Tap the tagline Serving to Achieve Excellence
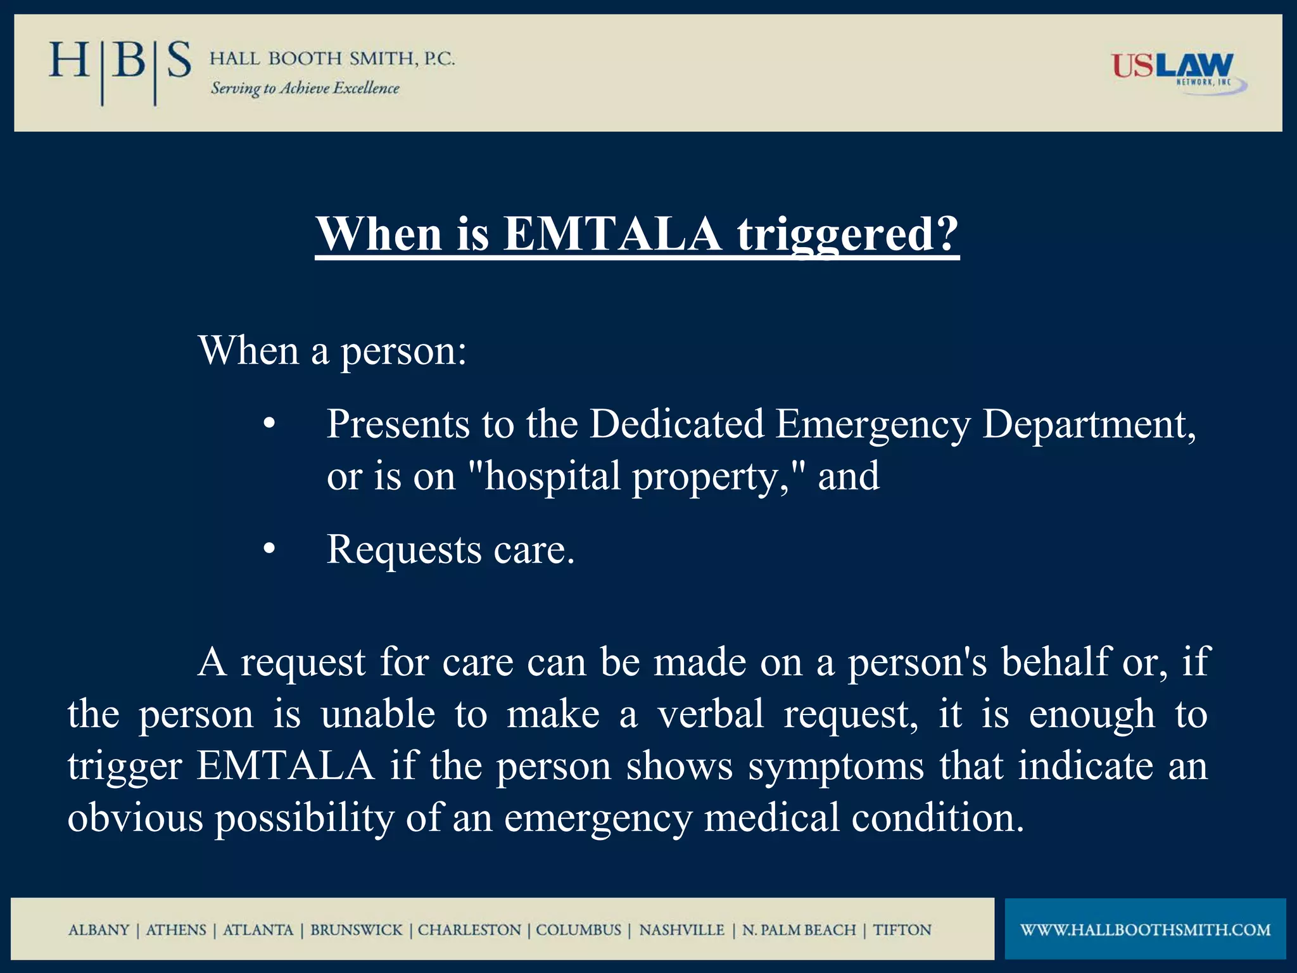(305, 88)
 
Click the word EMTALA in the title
(612, 234)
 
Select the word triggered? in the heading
(847, 234)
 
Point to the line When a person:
(332, 350)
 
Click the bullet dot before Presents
(269, 424)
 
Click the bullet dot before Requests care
(269, 550)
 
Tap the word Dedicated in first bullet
(676, 424)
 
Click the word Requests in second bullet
(403, 549)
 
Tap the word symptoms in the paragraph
(835, 766)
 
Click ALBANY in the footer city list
(99, 930)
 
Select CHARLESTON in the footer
(469, 930)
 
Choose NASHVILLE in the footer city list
(681, 930)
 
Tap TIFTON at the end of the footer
(902, 930)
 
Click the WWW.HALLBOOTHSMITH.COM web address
(1145, 930)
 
